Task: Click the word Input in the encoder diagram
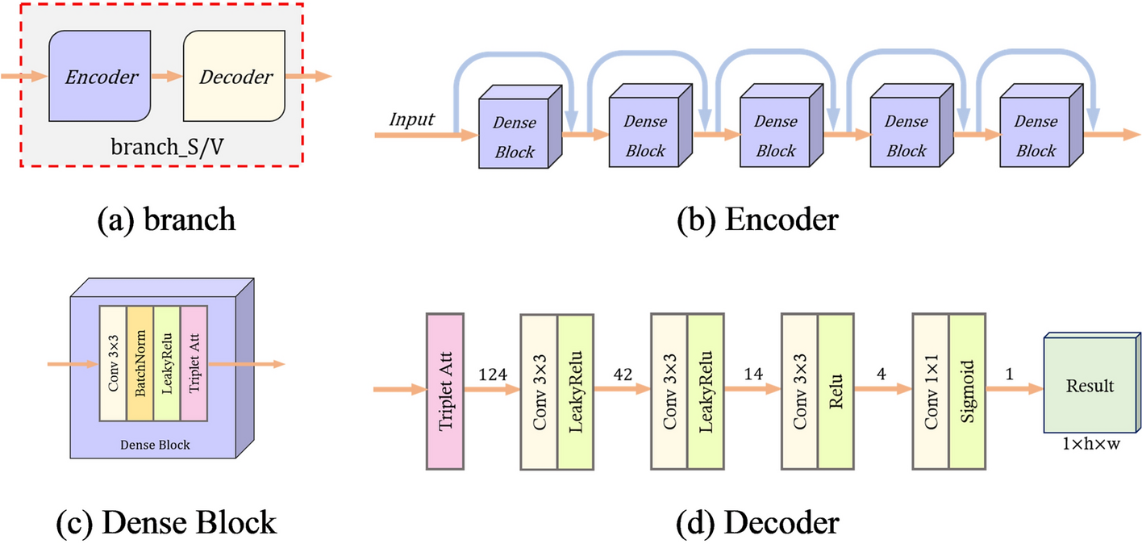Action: (412, 119)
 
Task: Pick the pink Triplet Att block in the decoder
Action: (444, 391)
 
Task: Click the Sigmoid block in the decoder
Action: (967, 391)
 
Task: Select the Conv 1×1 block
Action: (931, 391)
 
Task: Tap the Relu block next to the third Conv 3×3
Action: (836, 391)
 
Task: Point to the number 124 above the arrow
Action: (492, 375)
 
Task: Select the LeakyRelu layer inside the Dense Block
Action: (166, 363)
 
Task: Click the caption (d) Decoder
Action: (757, 523)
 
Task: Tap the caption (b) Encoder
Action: (756, 219)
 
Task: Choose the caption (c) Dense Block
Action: (167, 523)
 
